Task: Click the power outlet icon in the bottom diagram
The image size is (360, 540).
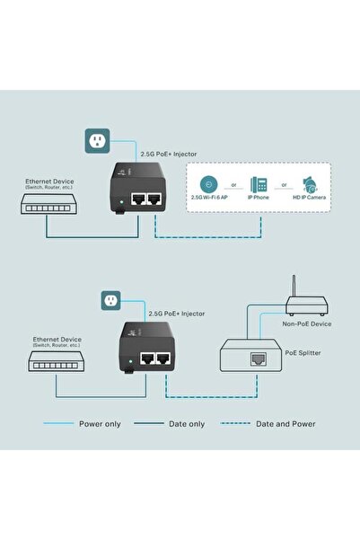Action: point(112,299)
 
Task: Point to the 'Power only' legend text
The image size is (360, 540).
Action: point(99,423)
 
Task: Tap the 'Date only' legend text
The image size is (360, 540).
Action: point(185,423)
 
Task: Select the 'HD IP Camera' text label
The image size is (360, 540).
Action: point(310,197)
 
